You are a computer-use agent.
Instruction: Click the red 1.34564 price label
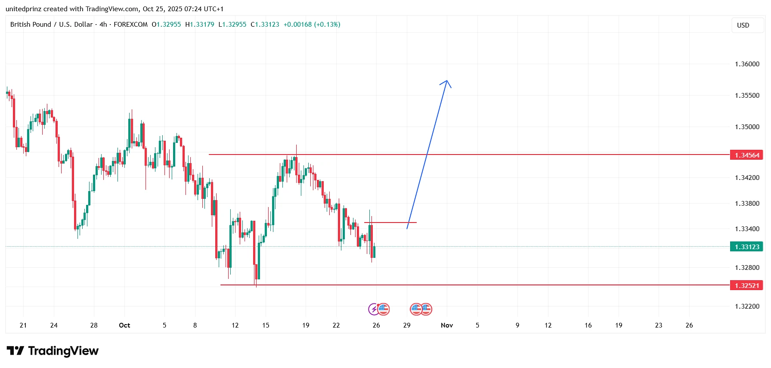coord(746,155)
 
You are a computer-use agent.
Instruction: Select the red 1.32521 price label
coord(746,285)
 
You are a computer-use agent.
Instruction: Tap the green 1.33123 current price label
coord(746,247)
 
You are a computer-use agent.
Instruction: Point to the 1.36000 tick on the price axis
coord(747,64)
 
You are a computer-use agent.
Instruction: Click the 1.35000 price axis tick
coord(747,127)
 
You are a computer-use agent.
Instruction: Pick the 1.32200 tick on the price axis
coord(747,306)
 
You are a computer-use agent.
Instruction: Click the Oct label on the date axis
coord(124,325)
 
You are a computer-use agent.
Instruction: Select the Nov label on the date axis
coord(447,325)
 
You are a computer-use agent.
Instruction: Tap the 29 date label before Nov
coord(407,325)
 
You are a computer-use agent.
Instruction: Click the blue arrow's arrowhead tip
coord(447,80)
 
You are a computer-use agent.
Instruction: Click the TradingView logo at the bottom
coord(53,351)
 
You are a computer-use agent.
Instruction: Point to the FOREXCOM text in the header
coord(130,25)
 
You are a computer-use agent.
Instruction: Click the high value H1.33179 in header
coord(200,25)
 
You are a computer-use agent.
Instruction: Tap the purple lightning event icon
coord(374,309)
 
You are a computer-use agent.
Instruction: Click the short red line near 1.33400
coord(390,223)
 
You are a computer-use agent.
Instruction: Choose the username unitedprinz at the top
coord(24,9)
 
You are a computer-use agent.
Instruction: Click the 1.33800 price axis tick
coord(747,204)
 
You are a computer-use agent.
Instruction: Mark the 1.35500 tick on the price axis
coord(747,96)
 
